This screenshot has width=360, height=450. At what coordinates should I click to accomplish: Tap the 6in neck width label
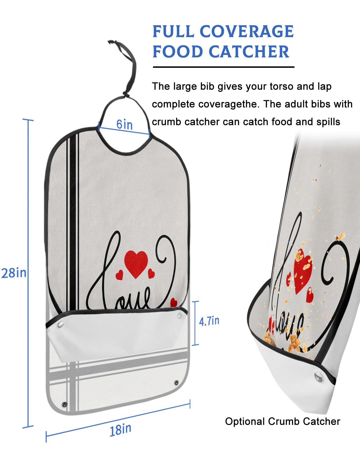click(125, 124)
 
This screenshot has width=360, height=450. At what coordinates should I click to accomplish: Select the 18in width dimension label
click(120, 429)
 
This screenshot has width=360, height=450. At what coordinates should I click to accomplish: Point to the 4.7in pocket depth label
click(209, 321)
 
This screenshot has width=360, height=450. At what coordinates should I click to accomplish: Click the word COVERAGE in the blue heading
click(247, 31)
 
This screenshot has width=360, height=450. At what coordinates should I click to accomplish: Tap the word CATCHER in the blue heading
click(249, 52)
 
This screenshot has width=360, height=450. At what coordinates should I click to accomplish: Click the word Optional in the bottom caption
click(245, 421)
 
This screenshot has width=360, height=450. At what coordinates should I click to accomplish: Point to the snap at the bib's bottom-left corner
click(64, 404)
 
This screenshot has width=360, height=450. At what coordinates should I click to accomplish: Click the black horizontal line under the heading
click(223, 67)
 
